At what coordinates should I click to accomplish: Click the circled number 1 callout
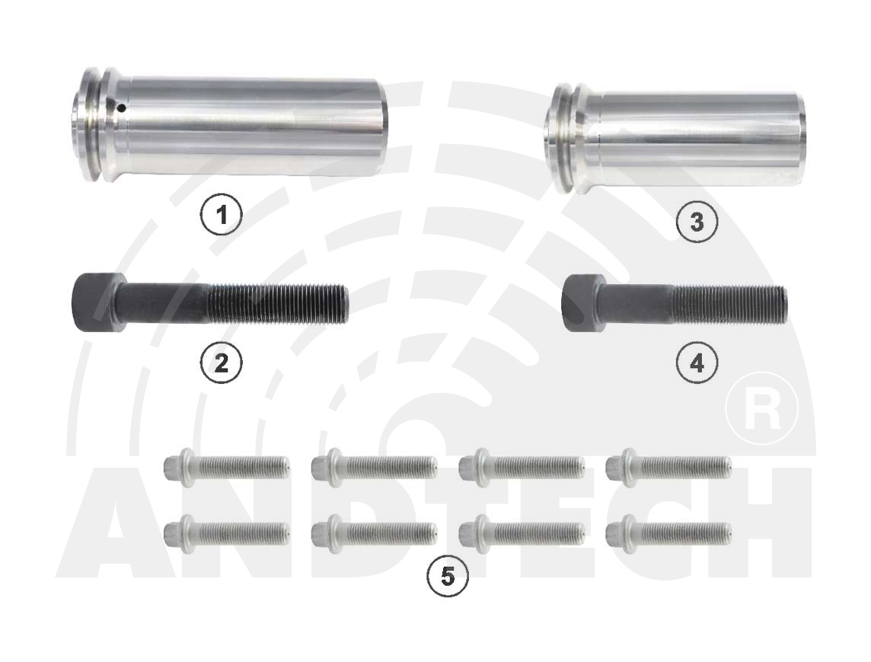coord(221,214)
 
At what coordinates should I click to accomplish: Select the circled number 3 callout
coord(697,222)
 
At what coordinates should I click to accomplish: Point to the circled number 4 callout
coord(697,363)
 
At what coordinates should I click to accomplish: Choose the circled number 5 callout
coord(447,577)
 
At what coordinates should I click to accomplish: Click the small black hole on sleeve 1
coord(122,108)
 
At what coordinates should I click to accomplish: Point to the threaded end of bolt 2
coord(278,302)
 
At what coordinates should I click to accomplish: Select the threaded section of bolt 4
coord(730,303)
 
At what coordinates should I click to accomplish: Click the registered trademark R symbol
coord(761,408)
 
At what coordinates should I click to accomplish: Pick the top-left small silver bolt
coord(227,468)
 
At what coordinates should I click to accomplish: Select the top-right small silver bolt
coord(668,468)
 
